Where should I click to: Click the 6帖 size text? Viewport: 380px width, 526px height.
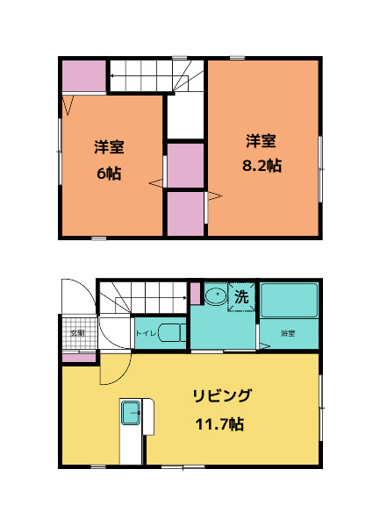(x=109, y=172)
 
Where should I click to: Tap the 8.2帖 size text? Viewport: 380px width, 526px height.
(x=262, y=165)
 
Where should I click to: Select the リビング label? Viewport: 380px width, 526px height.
(x=222, y=396)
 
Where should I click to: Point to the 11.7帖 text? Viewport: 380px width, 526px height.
(x=219, y=424)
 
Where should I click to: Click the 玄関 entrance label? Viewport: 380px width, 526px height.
(x=77, y=333)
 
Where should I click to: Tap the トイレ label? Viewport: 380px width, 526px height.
(x=146, y=333)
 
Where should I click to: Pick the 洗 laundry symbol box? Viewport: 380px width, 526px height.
(x=241, y=296)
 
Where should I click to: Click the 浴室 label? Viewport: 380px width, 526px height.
(x=287, y=334)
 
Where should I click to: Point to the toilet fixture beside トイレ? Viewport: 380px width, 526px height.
(x=174, y=333)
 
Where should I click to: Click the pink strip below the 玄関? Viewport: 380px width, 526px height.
(x=79, y=358)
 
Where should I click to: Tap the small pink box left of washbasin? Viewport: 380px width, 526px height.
(x=195, y=293)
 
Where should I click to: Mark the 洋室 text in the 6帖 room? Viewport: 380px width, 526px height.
(x=109, y=147)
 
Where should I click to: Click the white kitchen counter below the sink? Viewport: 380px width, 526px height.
(x=132, y=447)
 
